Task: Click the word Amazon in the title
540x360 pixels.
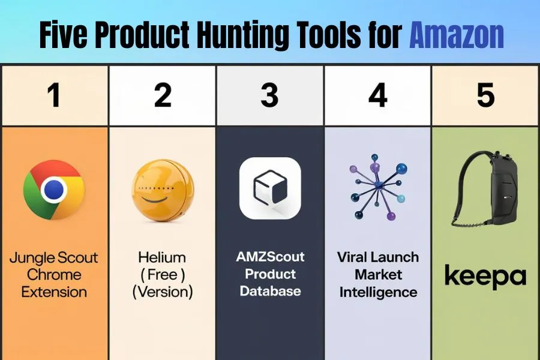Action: coord(457,35)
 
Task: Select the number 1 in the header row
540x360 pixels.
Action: coord(54,95)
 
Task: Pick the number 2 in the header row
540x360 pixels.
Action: coord(163,95)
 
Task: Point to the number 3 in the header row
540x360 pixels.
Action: coord(269,95)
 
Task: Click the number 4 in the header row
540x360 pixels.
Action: coord(378,95)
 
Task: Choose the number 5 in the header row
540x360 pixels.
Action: coord(485,95)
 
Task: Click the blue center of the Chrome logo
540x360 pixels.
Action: coord(54,190)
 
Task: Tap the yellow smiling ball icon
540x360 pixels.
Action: coord(163,189)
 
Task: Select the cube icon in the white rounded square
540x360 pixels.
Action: coord(270,187)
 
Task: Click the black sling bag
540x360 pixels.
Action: coord(485,189)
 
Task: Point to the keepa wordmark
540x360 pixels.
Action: coord(485,275)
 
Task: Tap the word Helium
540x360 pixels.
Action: coord(162,257)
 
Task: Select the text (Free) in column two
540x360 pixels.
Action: coord(163,275)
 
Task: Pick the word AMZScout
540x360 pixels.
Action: coord(271,257)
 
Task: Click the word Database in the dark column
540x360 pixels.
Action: coord(271,291)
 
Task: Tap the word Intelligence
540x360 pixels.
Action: coord(378,292)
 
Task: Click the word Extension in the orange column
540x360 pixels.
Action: coord(54,292)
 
